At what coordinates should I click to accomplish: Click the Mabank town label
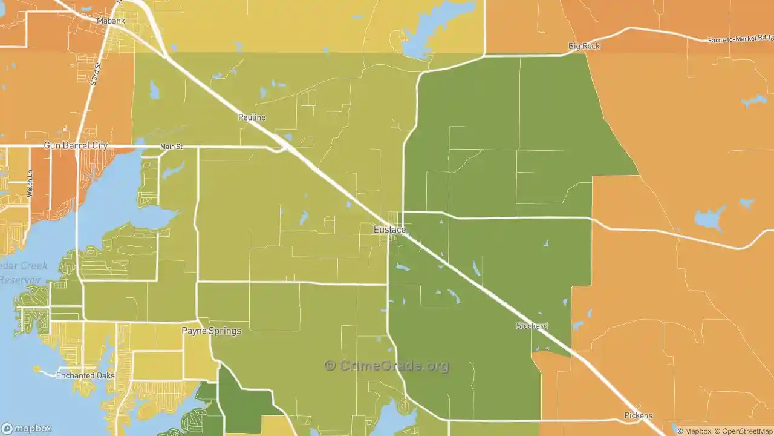[111, 21]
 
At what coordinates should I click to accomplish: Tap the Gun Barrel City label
[76, 145]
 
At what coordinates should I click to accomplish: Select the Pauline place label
[252, 117]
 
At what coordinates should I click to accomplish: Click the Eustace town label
[389, 230]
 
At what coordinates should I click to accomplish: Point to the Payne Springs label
[212, 331]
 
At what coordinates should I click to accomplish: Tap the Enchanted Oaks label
[85, 375]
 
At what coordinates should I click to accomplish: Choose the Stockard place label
[532, 326]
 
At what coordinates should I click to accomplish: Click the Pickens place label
[638, 415]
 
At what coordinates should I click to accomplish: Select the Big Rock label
[584, 46]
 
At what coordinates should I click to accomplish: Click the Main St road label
[171, 147]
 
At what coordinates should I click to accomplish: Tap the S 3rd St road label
[96, 73]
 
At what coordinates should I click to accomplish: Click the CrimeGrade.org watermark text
[387, 366]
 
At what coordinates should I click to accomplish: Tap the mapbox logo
[27, 429]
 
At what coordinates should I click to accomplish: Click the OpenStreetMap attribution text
[744, 431]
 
